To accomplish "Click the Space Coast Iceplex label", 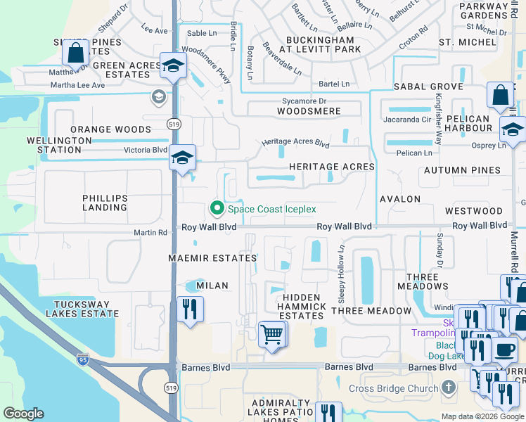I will point(271,209).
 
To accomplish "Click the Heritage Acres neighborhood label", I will point(332,166).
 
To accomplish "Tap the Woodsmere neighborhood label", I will point(309,111).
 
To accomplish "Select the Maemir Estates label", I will point(212,258).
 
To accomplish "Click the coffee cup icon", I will point(503,350).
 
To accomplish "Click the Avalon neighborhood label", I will point(400,199).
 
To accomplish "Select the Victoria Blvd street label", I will point(146,150).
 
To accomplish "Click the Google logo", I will point(23,414).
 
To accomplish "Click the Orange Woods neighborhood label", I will point(110,129).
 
